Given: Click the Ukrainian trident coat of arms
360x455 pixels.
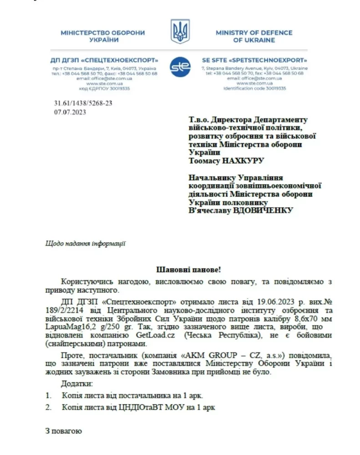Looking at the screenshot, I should coord(180,31).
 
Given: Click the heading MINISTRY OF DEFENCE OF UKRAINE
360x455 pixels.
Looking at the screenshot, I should coord(254,36).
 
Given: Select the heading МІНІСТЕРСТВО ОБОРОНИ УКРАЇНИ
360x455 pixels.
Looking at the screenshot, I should coord(103,36).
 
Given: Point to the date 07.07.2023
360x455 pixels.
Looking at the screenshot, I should coord(70,111).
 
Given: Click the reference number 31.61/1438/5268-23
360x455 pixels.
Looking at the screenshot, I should coord(83,103).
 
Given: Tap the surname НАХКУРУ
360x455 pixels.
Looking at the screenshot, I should coord(242,161).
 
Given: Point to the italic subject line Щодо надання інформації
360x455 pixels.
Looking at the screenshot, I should coord(86,243).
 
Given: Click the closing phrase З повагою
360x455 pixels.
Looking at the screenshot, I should coord(64,430).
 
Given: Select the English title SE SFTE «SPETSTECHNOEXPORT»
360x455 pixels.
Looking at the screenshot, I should coord(254,60).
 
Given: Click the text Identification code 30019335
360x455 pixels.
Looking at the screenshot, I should coord(254,88).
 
